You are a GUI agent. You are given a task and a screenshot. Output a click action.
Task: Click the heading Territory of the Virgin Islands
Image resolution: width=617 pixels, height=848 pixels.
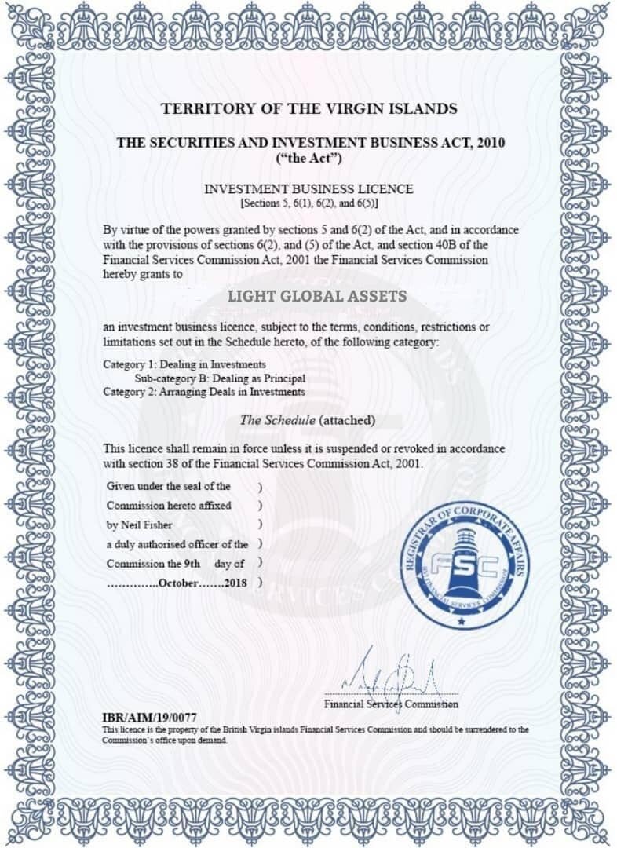coord(309,108)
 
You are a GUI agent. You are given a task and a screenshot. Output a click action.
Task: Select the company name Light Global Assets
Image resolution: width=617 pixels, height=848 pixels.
coord(317,296)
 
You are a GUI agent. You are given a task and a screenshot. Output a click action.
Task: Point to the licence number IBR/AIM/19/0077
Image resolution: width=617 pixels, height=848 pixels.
coord(150,718)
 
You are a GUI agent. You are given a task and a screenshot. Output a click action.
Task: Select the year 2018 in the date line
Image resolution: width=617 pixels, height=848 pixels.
coord(235,583)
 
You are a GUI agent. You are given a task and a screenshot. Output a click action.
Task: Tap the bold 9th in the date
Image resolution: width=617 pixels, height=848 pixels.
coord(192,564)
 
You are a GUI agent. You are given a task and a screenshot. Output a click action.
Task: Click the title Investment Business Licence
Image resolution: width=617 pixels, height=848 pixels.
coord(308,189)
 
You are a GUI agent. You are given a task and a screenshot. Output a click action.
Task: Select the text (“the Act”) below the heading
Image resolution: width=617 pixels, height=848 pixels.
coord(308,158)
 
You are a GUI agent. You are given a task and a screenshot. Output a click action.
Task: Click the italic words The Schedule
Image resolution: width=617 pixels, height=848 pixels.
coord(279,420)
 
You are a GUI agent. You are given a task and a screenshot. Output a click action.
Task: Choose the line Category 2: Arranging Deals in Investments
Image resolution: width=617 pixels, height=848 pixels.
coord(204,392)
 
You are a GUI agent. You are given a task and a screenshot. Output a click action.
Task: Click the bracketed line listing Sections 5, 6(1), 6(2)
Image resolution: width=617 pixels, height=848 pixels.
coord(308,203)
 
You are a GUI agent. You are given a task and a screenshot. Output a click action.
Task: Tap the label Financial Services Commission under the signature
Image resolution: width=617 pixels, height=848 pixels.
coord(392,704)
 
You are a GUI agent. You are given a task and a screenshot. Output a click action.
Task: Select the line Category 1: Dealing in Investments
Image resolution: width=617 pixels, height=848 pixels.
coord(184,365)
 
